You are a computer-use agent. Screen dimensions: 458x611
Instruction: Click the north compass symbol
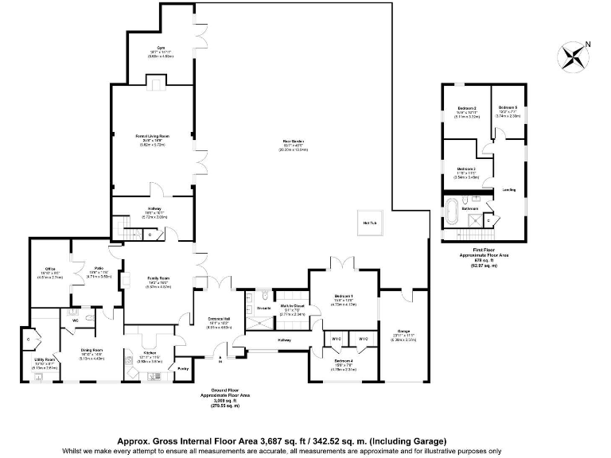pos(572,55)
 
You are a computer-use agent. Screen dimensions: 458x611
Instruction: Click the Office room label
pos(49,270)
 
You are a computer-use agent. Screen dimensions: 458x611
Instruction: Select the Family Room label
pos(158,279)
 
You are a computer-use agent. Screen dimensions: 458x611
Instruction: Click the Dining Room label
pos(92,350)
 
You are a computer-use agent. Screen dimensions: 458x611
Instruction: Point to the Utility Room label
pos(45,359)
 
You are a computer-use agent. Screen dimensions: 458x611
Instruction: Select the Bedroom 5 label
pos(508,107)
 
